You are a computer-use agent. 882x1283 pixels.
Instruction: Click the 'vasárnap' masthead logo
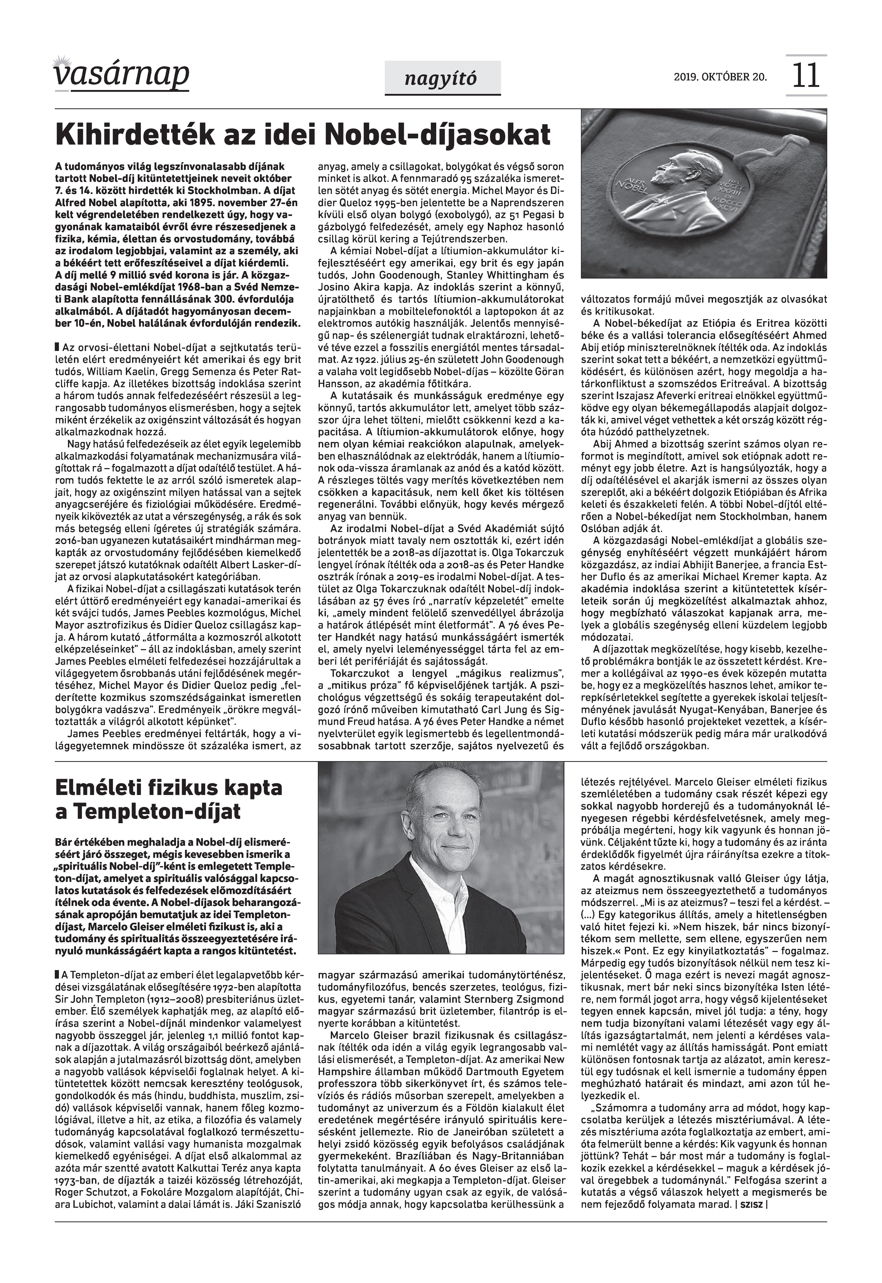121,75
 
